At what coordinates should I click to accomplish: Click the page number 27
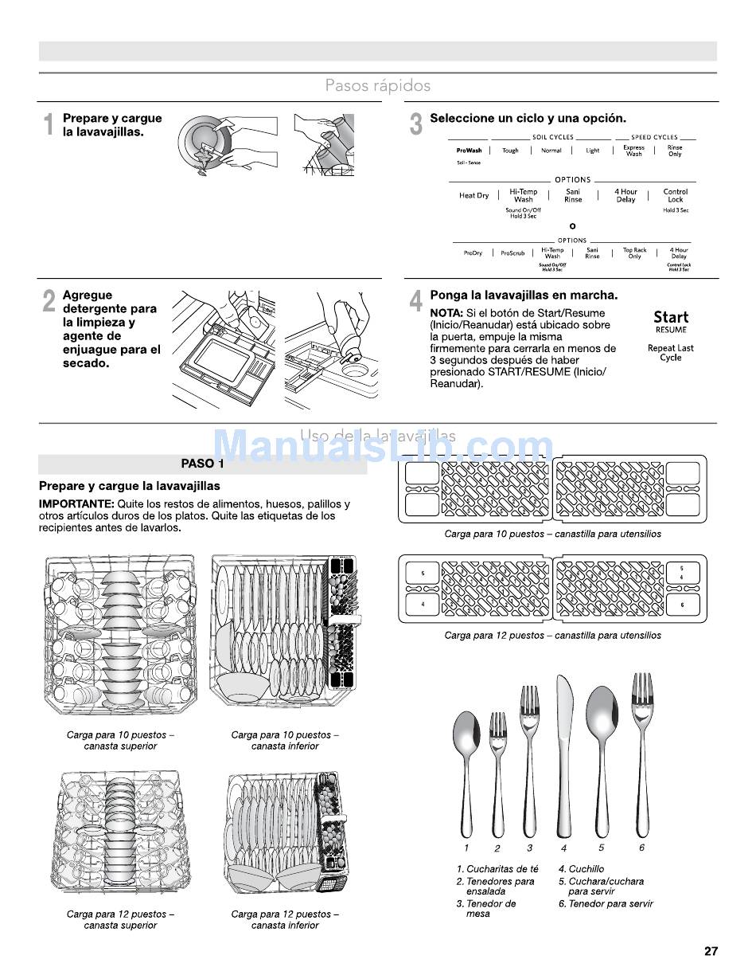[711, 950]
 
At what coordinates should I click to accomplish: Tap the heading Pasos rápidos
[378, 85]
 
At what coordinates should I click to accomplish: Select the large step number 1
[49, 125]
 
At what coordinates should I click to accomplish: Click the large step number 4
[415, 302]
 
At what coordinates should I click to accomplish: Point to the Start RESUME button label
[671, 321]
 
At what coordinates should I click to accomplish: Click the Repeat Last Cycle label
[671, 353]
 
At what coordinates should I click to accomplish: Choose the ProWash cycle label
[469, 151]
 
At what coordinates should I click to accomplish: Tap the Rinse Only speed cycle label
[675, 151]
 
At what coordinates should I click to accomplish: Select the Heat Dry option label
[473, 195]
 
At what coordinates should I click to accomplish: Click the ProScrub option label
[512, 253]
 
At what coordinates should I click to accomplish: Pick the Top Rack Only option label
[634, 253]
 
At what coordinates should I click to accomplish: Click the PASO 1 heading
[202, 464]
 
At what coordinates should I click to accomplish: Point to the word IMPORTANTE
[76, 504]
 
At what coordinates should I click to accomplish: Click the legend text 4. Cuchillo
[581, 869]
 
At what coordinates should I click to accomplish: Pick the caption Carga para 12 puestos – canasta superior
[121, 920]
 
